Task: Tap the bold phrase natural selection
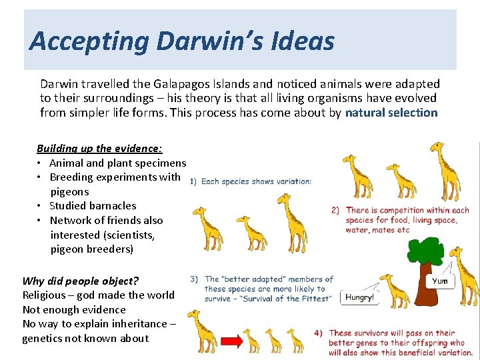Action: pos(391,113)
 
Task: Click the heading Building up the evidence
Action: pos(99,148)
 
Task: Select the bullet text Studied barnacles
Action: pos(93,206)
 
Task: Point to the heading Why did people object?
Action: pos(80,281)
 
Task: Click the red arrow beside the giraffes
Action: pos(231,341)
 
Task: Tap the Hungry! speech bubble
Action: pos(359,298)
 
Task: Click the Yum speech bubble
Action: pos(440,281)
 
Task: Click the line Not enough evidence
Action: pos(74,309)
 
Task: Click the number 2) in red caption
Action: pos(335,210)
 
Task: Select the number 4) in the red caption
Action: pos(319,333)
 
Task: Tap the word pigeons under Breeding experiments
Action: pos(69,191)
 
